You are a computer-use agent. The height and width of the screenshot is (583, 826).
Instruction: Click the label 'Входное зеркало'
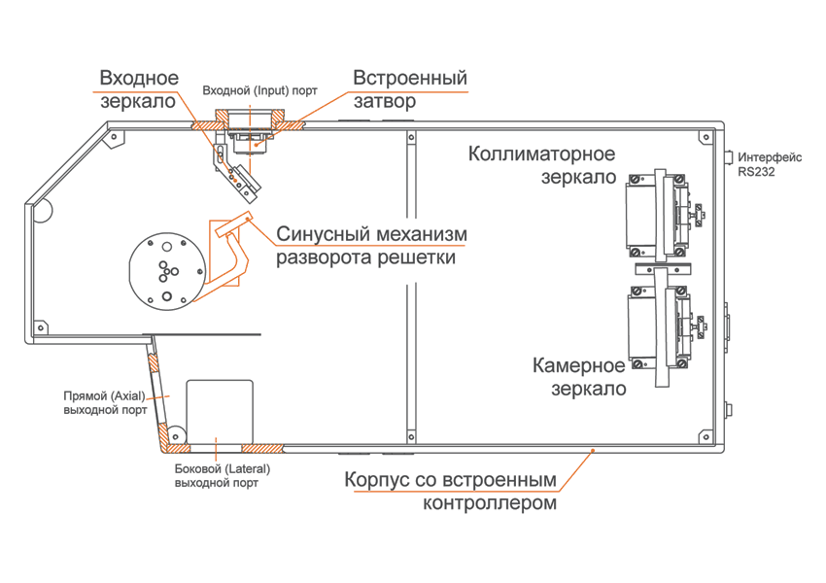139,89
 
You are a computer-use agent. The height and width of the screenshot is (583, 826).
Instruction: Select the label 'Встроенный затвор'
410,89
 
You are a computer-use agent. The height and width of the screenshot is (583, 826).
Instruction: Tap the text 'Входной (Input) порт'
259,90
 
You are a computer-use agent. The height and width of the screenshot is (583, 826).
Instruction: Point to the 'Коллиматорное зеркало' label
541,166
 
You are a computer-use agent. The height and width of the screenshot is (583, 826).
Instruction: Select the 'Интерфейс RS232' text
770,164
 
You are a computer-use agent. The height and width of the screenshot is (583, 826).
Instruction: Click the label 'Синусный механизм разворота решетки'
372,247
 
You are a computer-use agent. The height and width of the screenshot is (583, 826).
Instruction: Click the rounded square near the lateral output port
220,411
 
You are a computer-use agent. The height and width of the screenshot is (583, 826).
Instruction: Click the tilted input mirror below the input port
238,172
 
